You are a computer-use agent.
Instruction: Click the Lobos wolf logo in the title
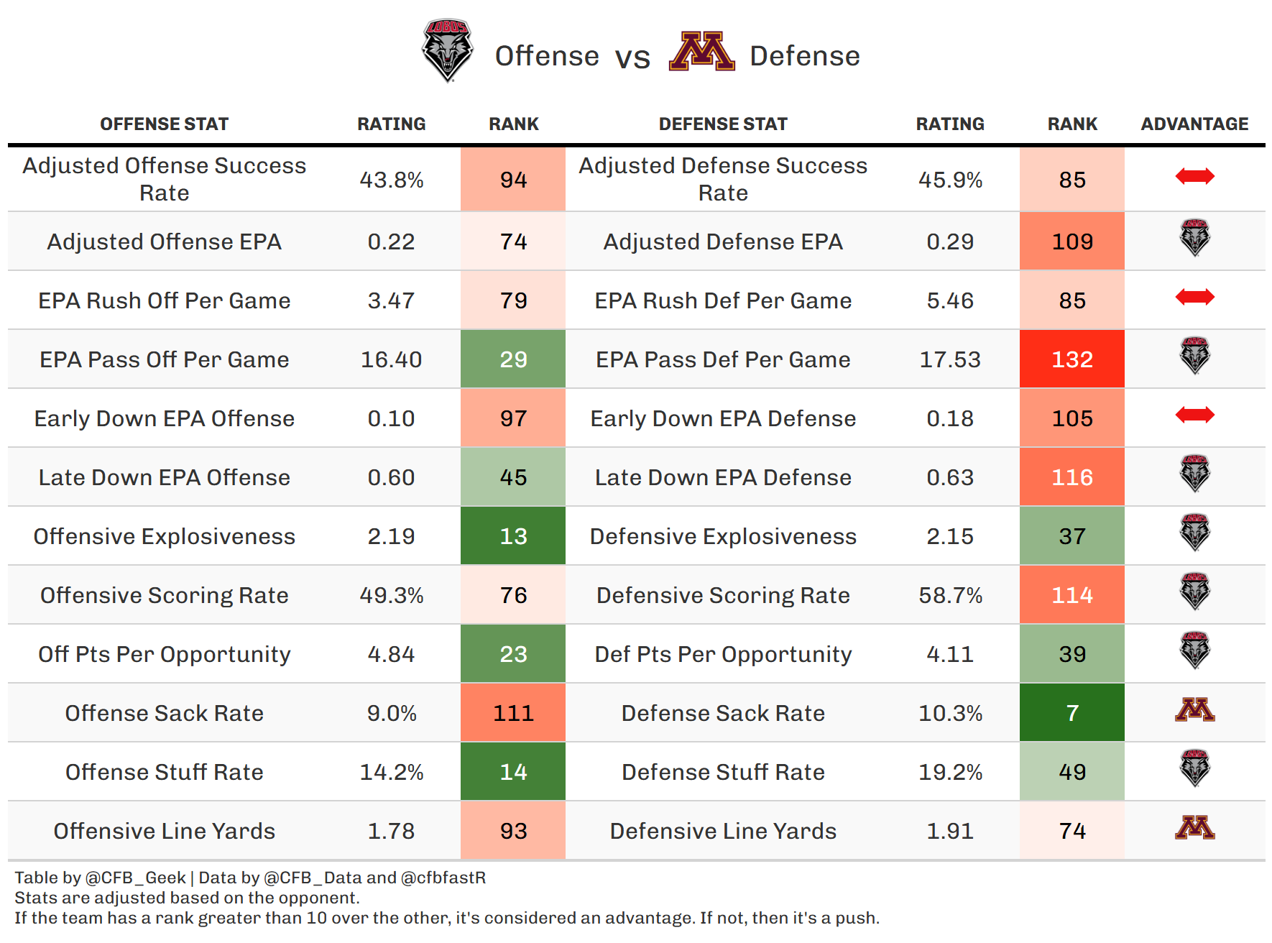[447, 50]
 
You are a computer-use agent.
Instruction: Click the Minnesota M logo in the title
[701, 52]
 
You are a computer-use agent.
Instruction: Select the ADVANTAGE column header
[1194, 124]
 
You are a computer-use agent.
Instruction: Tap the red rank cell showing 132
[1071, 359]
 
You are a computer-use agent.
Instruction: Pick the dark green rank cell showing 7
[1071, 713]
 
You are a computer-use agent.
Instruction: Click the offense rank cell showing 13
[513, 536]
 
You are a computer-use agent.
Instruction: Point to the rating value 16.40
[391, 359]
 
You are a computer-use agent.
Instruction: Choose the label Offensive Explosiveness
[165, 536]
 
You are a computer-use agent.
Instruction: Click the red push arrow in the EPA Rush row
[1194, 297]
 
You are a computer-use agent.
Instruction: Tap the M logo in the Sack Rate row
[1194, 710]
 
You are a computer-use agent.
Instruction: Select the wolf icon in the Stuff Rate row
[1194, 768]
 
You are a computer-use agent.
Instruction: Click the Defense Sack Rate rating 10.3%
[950, 713]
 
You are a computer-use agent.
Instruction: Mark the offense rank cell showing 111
[513, 713]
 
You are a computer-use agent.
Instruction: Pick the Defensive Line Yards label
[723, 831]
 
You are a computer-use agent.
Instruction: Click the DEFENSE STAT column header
[723, 124]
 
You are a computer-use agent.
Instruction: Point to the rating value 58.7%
[950, 595]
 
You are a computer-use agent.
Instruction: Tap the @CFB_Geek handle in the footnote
[136, 878]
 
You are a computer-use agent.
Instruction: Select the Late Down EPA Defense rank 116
[1071, 477]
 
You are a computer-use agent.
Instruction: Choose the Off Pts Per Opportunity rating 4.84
[391, 654]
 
